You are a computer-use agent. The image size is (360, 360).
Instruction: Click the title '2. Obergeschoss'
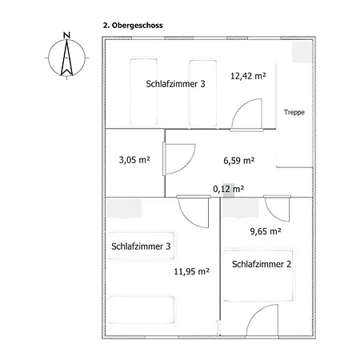(x=133, y=26)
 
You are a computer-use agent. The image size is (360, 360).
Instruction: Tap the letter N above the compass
(x=66, y=35)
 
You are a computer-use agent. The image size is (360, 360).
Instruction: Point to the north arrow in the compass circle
(x=66, y=57)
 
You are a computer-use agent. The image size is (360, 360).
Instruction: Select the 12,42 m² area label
(x=248, y=76)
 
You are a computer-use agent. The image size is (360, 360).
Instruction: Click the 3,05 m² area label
(x=134, y=160)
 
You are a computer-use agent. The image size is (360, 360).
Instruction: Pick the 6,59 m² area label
(x=239, y=161)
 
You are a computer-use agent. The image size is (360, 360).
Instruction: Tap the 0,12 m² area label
(x=229, y=189)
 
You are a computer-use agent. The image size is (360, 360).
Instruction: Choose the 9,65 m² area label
(x=266, y=231)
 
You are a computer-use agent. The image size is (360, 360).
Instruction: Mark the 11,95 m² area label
(x=191, y=271)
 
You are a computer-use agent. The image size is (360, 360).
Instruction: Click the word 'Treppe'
(x=294, y=112)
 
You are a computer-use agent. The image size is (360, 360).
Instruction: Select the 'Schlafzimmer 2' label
(x=262, y=264)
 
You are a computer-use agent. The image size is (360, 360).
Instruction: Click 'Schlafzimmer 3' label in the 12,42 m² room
(x=175, y=84)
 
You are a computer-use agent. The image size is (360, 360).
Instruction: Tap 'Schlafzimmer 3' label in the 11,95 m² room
(x=141, y=246)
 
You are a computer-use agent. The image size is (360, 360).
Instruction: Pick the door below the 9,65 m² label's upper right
(x=278, y=209)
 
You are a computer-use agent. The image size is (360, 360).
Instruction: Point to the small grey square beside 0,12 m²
(x=229, y=190)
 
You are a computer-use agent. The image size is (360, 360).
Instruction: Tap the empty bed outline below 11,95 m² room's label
(x=141, y=310)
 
